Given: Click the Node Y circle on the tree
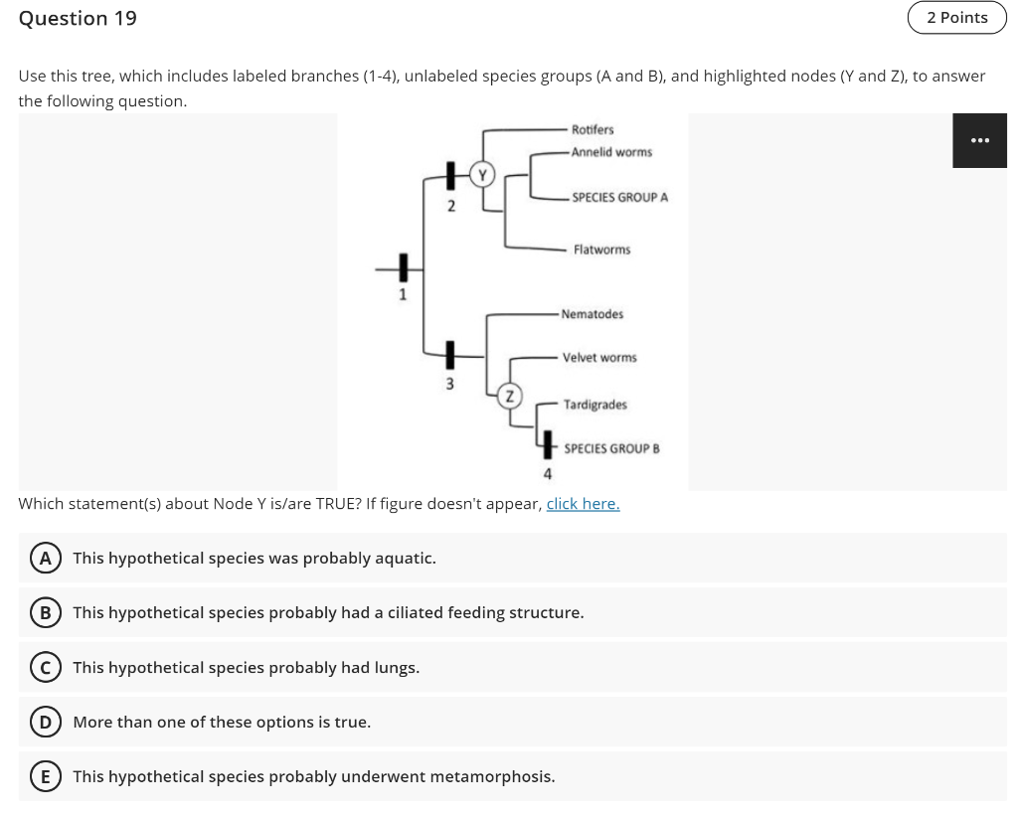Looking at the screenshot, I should pos(482,175).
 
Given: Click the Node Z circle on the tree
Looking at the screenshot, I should pos(508,395).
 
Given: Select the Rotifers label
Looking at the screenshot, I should pos(593,130).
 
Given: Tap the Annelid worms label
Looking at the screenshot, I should pos(611,152).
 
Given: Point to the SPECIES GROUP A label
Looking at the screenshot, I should pos(619,198).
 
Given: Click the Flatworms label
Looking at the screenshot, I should pos(601,249).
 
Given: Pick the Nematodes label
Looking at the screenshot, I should pos(593,314).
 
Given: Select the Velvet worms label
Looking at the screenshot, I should pos(599,357).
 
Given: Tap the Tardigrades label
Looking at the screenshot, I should pos(594,405).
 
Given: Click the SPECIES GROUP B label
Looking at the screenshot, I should pos(611,448).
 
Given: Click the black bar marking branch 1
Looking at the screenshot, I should pos(404,268).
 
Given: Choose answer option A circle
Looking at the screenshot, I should pos(45,558).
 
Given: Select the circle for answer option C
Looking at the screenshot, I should pos(45,667).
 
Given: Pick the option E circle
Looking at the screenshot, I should pos(45,776).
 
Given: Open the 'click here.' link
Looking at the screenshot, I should pos(583,504).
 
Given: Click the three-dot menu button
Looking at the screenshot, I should pos(979,140).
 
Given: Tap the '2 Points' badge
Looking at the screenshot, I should pos(956,18).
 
